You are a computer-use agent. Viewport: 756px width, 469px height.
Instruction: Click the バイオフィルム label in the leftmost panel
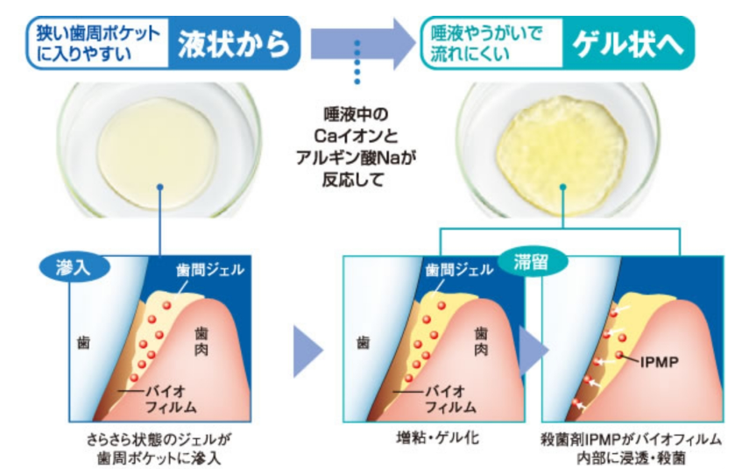tap(167, 398)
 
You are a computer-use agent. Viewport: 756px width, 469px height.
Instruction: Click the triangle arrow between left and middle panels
tap(308, 353)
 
